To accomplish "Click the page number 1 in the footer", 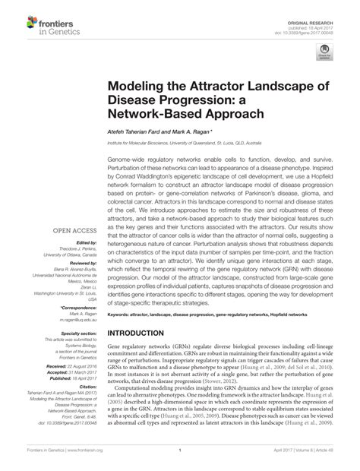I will (179, 451).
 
